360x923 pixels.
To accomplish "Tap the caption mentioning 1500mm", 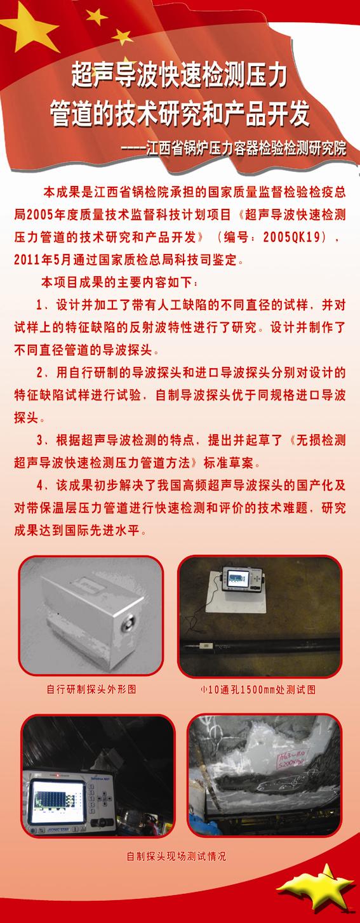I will coord(257,689).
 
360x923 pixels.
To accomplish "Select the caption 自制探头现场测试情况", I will coord(177,856).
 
